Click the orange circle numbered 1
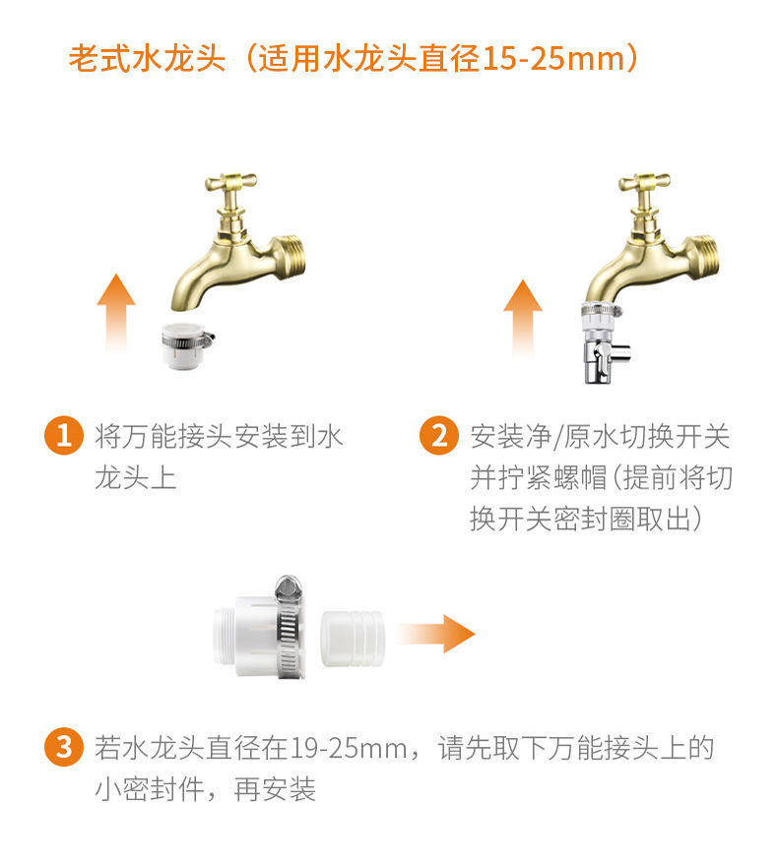click(64, 435)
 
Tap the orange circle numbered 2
click(438, 435)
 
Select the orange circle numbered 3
click(64, 747)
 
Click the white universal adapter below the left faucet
click(186, 345)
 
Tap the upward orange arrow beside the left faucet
click(116, 312)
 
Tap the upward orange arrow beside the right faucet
click(523, 318)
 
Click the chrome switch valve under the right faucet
click(604, 343)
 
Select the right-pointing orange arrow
click(436, 634)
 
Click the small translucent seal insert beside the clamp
click(353, 639)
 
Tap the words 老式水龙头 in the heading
click(147, 58)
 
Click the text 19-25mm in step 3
click(349, 748)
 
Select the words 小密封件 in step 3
click(150, 789)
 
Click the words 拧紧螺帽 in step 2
click(551, 477)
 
